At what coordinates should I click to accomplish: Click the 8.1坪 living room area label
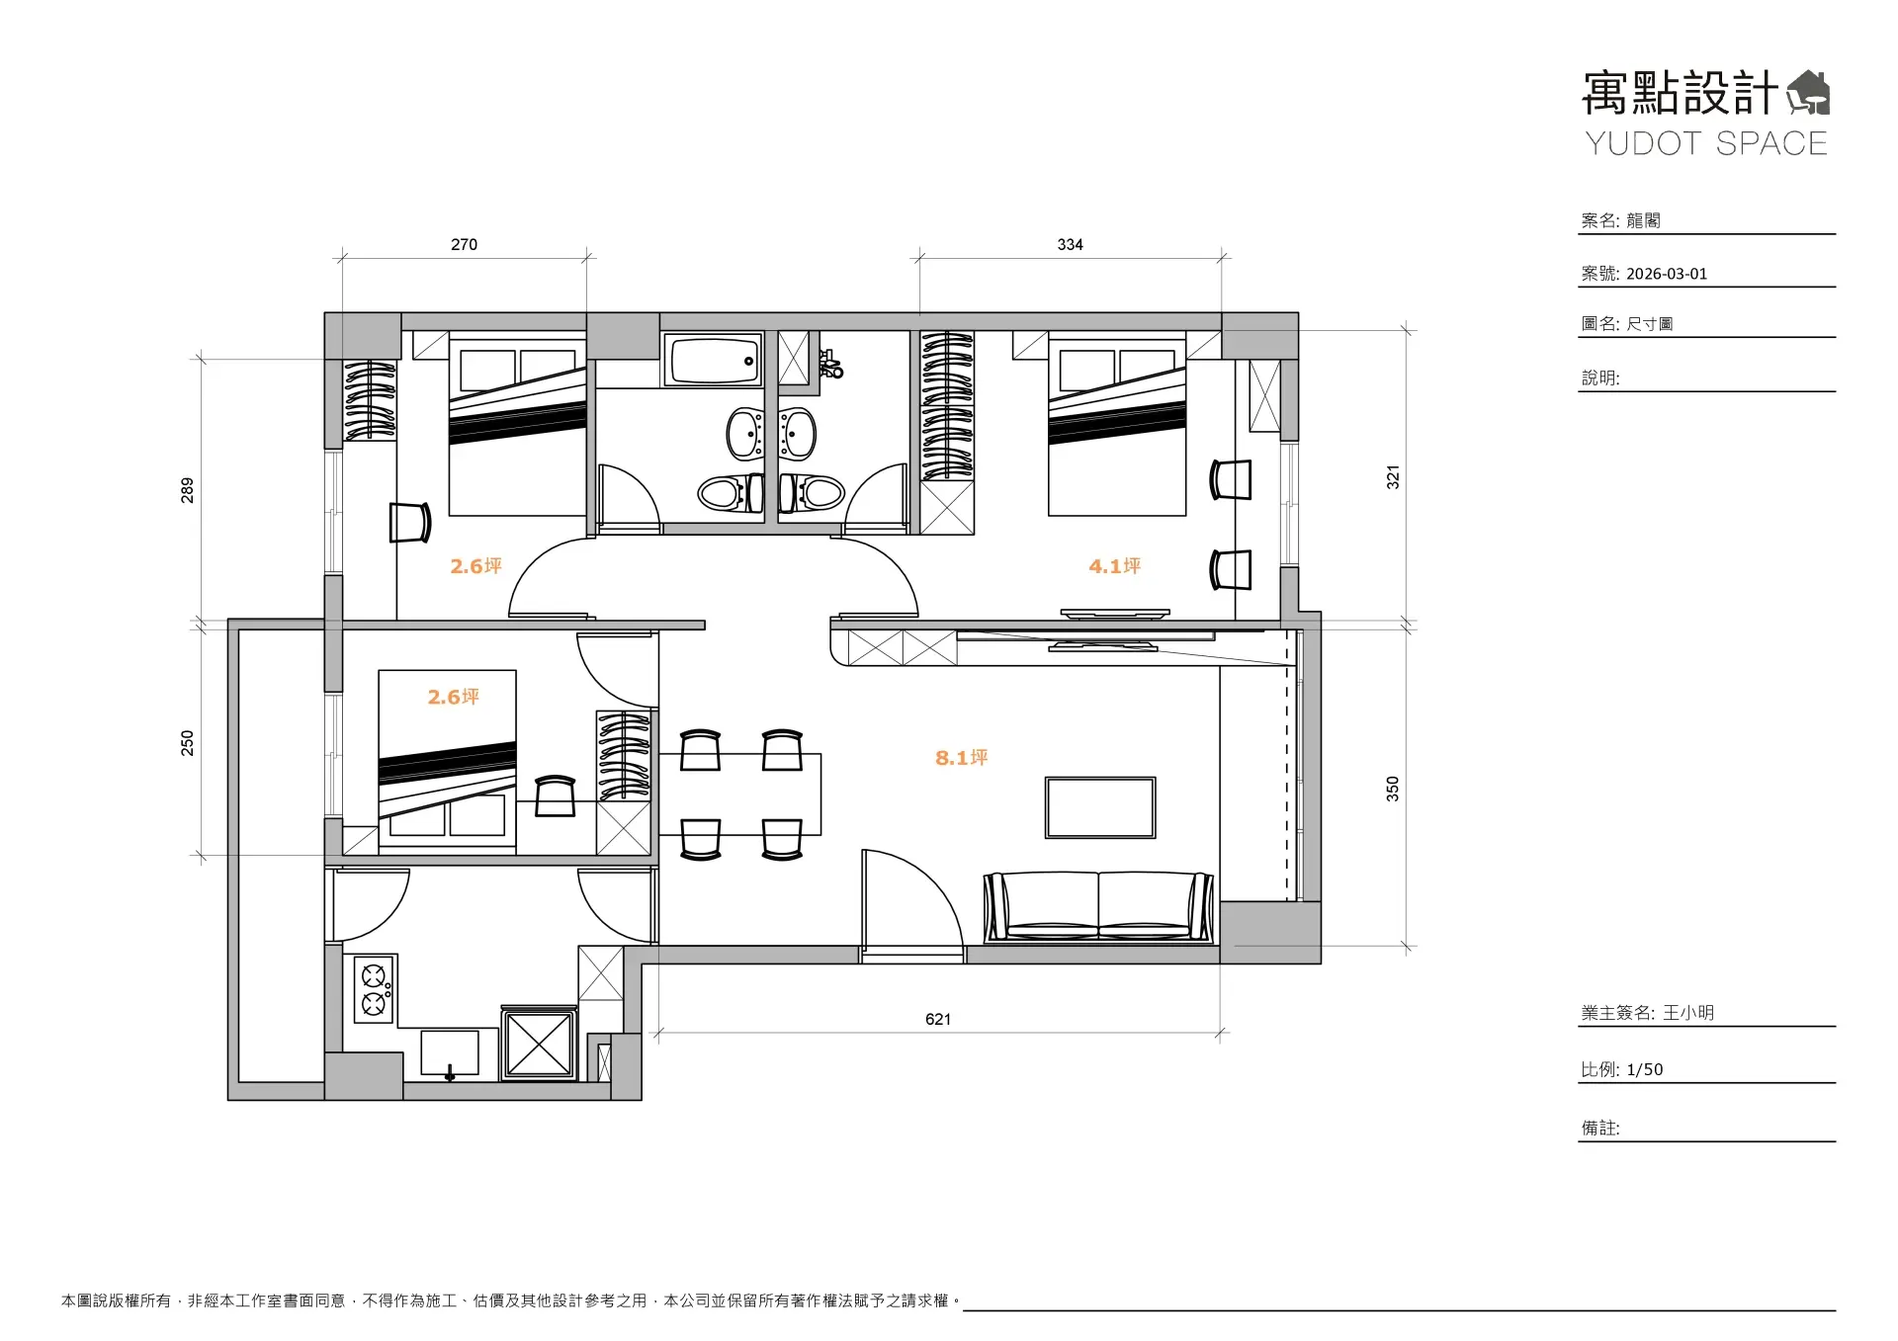(x=961, y=758)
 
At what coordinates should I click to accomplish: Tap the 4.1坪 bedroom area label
(x=1114, y=566)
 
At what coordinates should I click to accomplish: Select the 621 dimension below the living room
(x=937, y=1019)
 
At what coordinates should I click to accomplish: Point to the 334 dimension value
(x=1070, y=244)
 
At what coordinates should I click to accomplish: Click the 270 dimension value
(x=464, y=244)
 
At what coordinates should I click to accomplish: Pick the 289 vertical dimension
(x=187, y=490)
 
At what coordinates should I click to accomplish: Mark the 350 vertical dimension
(x=1392, y=789)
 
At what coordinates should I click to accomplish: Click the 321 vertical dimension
(x=1392, y=477)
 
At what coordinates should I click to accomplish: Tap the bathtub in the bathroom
(x=713, y=360)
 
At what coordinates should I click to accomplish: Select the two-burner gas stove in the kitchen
(x=374, y=989)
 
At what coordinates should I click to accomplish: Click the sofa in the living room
(x=1098, y=906)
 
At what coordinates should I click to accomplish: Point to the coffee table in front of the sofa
(x=1100, y=807)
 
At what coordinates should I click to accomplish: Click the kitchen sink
(x=450, y=1053)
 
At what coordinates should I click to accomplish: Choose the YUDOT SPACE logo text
(x=1706, y=143)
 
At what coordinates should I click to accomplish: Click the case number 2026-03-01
(x=1667, y=274)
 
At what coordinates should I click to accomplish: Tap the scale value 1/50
(x=1645, y=1069)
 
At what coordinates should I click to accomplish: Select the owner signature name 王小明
(x=1688, y=1013)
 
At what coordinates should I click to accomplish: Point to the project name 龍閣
(x=1643, y=220)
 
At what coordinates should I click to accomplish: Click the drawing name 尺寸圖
(x=1649, y=324)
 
